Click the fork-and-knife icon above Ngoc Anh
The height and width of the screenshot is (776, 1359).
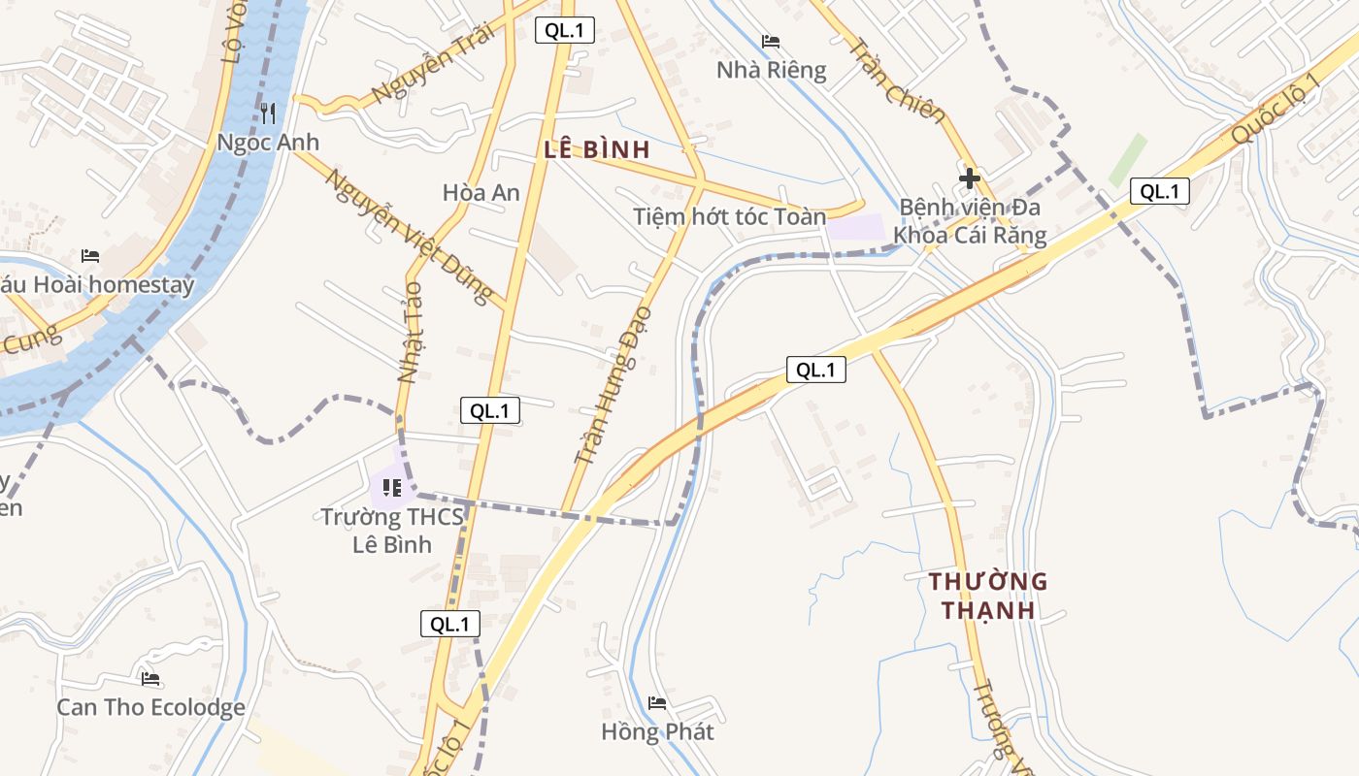[x=268, y=113]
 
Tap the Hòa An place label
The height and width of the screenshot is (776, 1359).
[x=481, y=192]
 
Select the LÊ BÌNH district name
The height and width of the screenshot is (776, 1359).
[x=596, y=149]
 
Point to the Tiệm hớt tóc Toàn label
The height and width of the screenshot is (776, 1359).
[x=729, y=216]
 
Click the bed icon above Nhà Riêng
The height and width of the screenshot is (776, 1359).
[x=771, y=42]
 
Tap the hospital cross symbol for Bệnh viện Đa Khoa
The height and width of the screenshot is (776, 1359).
[x=969, y=178]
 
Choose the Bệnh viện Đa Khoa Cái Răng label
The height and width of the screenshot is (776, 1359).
[x=970, y=221]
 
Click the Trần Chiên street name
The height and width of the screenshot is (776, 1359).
[x=897, y=81]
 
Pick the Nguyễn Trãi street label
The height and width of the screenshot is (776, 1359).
[x=433, y=63]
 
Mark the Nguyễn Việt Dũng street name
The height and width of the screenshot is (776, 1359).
[x=409, y=237]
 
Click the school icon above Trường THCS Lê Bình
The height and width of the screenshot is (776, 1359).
[x=392, y=487]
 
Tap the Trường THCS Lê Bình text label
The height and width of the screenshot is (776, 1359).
[x=391, y=531]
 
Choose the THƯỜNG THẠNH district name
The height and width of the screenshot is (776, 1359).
[x=988, y=596]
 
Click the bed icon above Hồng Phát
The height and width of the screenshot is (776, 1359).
[x=657, y=703]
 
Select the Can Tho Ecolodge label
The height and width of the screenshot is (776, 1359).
[x=150, y=707]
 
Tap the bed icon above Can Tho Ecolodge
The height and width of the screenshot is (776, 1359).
[x=149, y=679]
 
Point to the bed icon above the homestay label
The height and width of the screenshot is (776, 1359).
[x=90, y=256]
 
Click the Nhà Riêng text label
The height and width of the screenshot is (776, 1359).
[x=771, y=70]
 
